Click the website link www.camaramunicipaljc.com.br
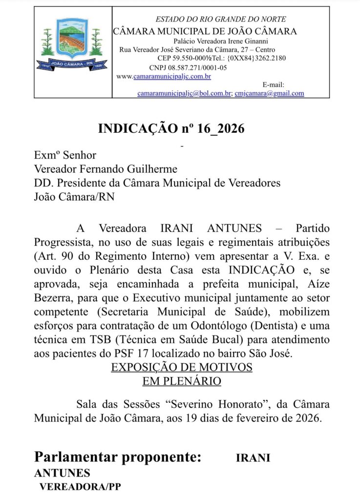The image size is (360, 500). (x=164, y=76)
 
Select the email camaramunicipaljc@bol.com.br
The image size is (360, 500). (x=184, y=93)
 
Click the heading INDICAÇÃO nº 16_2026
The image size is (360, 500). (x=171, y=128)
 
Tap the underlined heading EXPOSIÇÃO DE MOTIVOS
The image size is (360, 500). (x=182, y=367)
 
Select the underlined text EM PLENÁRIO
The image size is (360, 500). (x=182, y=380)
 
